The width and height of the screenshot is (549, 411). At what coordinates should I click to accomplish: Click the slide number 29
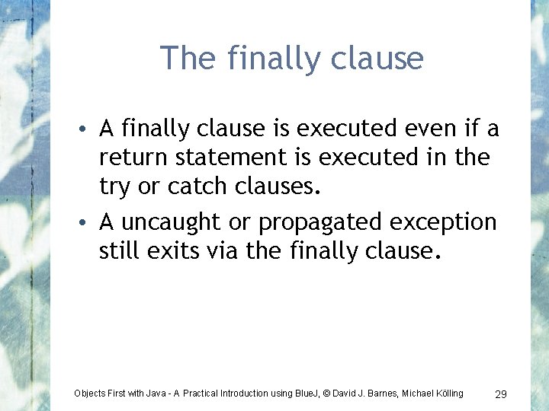pyautogui.click(x=501, y=393)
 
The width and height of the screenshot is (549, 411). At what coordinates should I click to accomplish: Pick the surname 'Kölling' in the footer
pyautogui.click(x=445, y=393)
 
